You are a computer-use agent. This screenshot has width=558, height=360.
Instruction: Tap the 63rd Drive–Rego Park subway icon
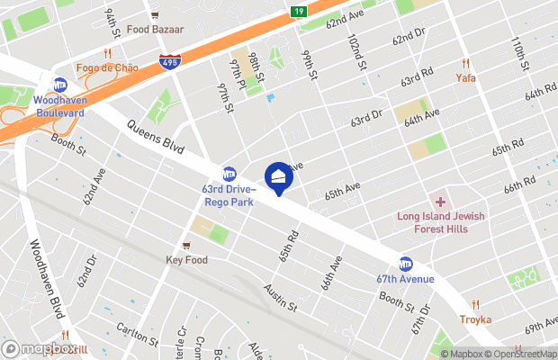point(229,173)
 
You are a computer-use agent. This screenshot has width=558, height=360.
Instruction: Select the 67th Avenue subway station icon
point(406,264)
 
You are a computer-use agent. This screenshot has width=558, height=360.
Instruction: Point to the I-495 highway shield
point(168,61)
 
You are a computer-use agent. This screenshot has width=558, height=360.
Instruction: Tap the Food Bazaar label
point(155,29)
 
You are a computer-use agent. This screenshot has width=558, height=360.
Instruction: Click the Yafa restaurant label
point(465,77)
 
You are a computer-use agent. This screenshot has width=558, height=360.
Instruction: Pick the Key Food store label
point(186,260)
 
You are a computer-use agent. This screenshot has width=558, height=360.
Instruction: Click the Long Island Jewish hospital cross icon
point(441,202)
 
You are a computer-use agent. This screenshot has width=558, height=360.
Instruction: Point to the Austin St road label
point(280,298)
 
